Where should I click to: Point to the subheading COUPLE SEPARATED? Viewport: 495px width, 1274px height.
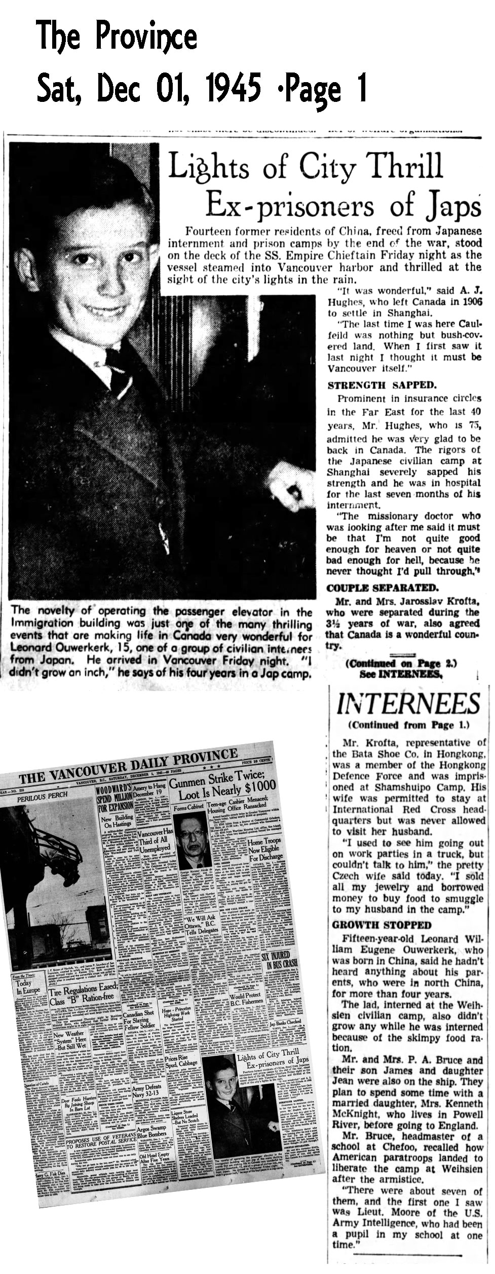(374, 588)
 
